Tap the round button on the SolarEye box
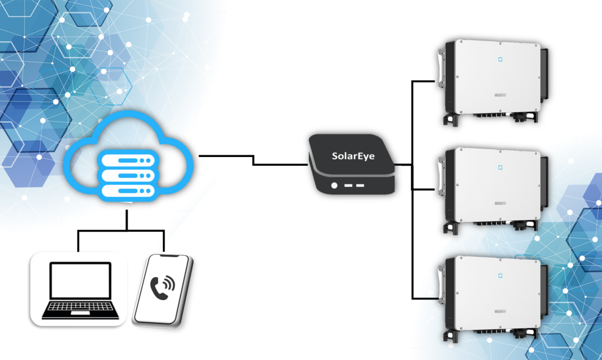pyautogui.click(x=335, y=185)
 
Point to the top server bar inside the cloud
pyautogui.click(x=128, y=160)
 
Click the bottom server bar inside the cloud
pyautogui.click(x=128, y=191)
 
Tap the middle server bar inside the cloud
pyautogui.click(x=128, y=175)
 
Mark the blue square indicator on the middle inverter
pyautogui.click(x=500, y=166)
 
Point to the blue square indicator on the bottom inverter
pyautogui.click(x=500, y=275)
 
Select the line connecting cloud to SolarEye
pyautogui.click(x=253, y=160)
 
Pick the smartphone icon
pyautogui.click(x=162, y=290)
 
